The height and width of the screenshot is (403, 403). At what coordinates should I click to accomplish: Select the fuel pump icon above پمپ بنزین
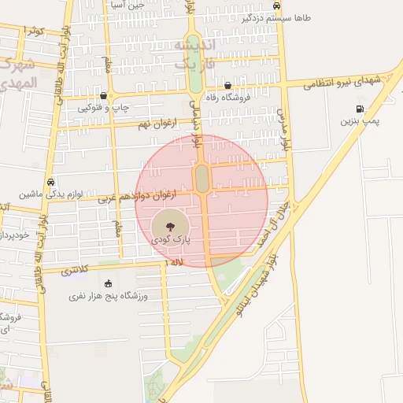[360, 109]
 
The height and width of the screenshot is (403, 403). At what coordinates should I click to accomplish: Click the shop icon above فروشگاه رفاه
[228, 86]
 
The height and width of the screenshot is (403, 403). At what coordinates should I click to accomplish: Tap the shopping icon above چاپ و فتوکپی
[103, 94]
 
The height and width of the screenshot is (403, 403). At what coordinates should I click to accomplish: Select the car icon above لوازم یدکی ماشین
[50, 181]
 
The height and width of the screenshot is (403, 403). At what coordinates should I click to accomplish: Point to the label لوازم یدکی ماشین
[50, 193]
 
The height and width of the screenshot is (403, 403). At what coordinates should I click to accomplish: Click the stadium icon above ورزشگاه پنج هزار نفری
[108, 283]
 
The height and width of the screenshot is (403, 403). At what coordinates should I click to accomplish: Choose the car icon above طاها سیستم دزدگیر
[275, 6]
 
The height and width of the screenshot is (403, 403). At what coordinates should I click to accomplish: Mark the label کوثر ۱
[34, 30]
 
